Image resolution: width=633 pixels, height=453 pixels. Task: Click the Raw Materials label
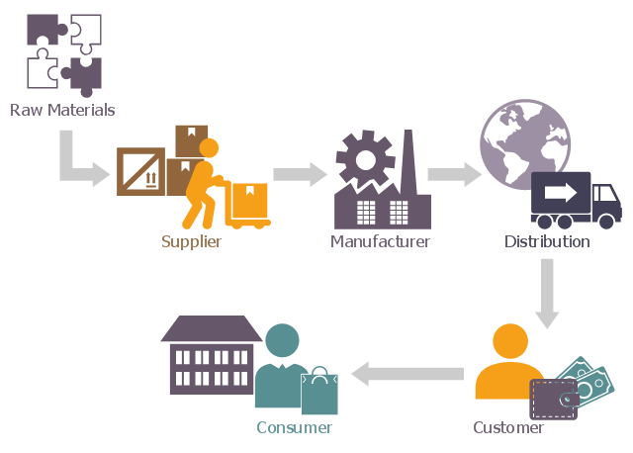[x=62, y=110]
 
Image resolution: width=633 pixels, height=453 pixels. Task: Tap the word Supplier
[x=191, y=241]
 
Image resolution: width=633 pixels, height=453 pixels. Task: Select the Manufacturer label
[x=380, y=241]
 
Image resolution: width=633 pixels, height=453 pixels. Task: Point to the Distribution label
[x=547, y=241]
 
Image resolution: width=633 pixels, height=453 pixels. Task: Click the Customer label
[x=507, y=428]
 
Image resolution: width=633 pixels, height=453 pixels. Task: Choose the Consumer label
[x=294, y=427]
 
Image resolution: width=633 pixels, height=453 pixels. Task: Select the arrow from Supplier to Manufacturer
[x=299, y=175]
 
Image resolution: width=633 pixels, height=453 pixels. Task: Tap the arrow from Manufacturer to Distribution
[x=453, y=175]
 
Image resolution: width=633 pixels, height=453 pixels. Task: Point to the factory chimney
[x=407, y=158]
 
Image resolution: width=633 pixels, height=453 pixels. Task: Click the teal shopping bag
[x=319, y=391]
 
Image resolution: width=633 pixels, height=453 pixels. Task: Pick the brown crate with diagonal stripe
[x=140, y=171]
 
